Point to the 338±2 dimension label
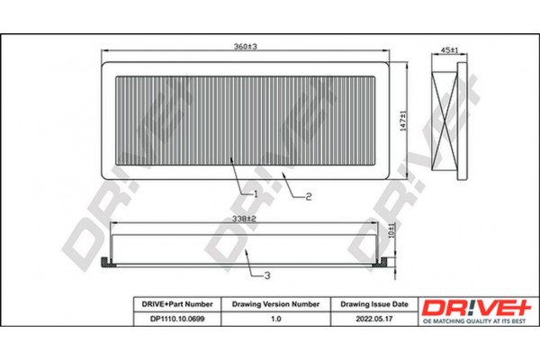tap(246, 218)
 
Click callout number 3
tap(265, 273)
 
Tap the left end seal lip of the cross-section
tap(106, 262)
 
